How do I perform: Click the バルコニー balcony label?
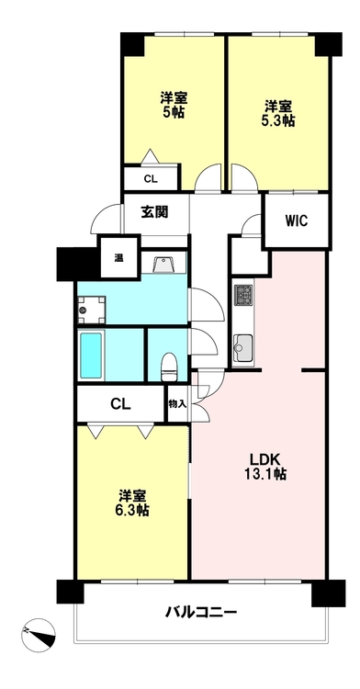(201, 612)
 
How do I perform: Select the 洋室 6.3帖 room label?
(133, 503)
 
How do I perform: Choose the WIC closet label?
(297, 220)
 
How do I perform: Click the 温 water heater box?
(119, 257)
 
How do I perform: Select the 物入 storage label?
(178, 403)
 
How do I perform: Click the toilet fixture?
(168, 367)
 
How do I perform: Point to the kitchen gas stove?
(242, 294)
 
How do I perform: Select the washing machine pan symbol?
(91, 311)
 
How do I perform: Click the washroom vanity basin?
(163, 265)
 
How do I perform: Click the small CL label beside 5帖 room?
(150, 179)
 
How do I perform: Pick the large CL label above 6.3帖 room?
(120, 403)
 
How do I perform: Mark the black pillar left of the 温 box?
(78, 265)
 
